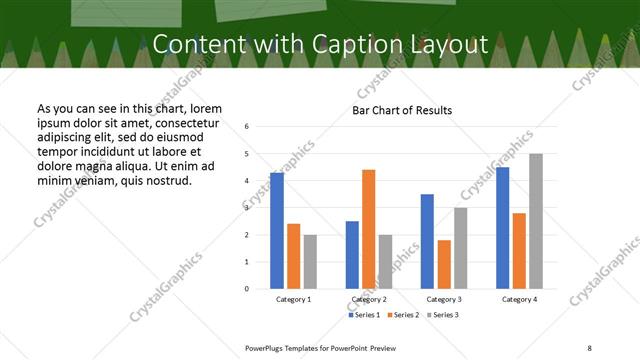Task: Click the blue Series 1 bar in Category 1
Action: click(277, 231)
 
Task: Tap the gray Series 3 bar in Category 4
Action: click(536, 221)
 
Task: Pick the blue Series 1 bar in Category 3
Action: click(427, 241)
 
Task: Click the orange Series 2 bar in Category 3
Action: click(444, 264)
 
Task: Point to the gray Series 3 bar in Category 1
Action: click(310, 261)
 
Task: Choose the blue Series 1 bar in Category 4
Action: click(502, 228)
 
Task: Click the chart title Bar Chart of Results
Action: click(402, 110)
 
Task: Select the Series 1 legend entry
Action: click(363, 315)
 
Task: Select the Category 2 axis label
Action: click(368, 300)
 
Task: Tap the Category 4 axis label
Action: click(519, 300)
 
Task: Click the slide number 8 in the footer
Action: click(587, 346)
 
